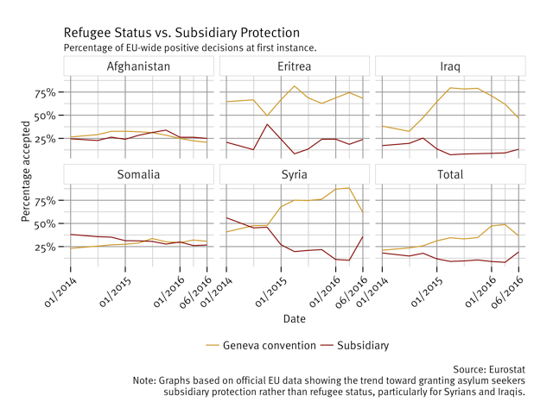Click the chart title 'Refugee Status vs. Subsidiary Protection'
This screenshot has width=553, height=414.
click(181, 33)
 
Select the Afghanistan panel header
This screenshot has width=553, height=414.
click(138, 66)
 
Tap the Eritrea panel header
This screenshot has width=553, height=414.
click(295, 66)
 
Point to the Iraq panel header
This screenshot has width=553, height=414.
click(450, 66)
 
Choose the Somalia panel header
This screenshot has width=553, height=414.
click(138, 174)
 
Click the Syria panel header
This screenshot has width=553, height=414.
click(295, 174)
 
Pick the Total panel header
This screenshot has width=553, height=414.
click(450, 174)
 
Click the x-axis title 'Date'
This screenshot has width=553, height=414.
click(294, 319)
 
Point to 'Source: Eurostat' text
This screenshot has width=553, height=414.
click(488, 369)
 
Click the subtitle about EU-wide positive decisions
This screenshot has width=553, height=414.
click(190, 47)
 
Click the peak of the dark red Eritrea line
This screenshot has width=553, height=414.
click(268, 124)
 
